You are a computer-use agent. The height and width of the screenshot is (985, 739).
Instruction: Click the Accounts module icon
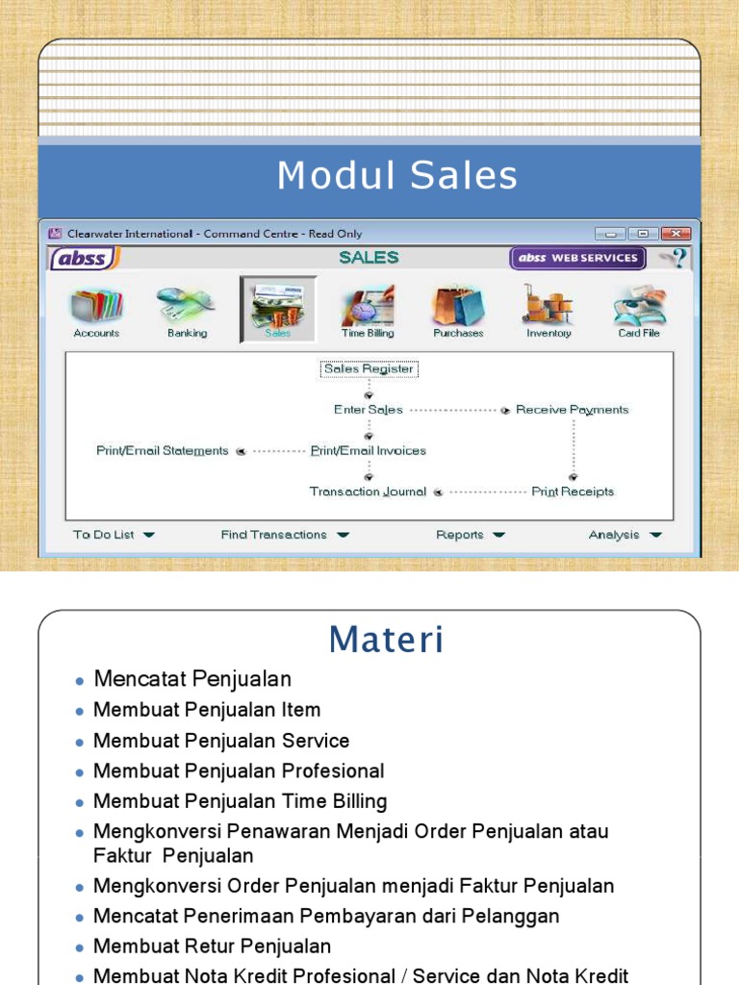[96, 308]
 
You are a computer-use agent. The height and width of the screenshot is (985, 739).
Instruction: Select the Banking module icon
[187, 308]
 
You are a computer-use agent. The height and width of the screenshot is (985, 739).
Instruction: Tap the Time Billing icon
[367, 308]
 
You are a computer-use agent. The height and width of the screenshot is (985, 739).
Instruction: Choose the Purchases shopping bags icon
[458, 308]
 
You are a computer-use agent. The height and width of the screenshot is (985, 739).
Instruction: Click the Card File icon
[639, 308]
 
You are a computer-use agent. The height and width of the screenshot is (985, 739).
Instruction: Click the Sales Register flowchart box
[369, 369]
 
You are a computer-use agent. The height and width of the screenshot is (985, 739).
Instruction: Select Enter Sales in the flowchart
[369, 410]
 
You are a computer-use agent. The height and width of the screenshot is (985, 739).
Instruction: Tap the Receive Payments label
[572, 410]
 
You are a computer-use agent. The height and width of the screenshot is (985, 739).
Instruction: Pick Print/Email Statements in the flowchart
[163, 450]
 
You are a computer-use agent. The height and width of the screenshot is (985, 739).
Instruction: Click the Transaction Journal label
[368, 492]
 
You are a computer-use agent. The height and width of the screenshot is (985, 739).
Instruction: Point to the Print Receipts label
[573, 492]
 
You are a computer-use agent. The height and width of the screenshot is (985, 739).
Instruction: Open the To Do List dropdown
[114, 535]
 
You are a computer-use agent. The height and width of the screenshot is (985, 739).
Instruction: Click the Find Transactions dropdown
[285, 535]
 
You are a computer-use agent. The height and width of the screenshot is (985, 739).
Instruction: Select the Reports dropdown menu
[470, 535]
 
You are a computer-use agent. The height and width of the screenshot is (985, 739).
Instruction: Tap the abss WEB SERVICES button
[577, 258]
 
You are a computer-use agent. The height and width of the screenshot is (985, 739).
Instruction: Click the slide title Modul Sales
[397, 176]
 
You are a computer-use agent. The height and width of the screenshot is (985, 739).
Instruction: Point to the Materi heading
[386, 639]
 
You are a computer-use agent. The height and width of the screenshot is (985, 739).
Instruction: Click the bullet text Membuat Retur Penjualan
[212, 947]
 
